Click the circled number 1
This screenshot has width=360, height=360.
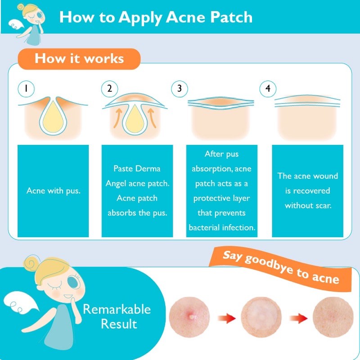tap(26, 89)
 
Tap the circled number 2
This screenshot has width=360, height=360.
tap(109, 89)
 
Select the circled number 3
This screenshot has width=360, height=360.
tap(180, 89)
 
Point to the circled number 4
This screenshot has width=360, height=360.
tap(268, 89)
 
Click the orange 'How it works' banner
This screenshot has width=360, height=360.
tap(79, 59)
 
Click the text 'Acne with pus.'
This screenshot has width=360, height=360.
tap(54, 191)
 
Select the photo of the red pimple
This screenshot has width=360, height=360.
tap(189, 317)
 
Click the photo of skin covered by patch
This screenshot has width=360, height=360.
tap(261, 317)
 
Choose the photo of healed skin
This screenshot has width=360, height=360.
tap(333, 317)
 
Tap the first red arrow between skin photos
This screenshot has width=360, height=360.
tap(227, 318)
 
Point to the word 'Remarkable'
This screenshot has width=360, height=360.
tap(117, 309)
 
